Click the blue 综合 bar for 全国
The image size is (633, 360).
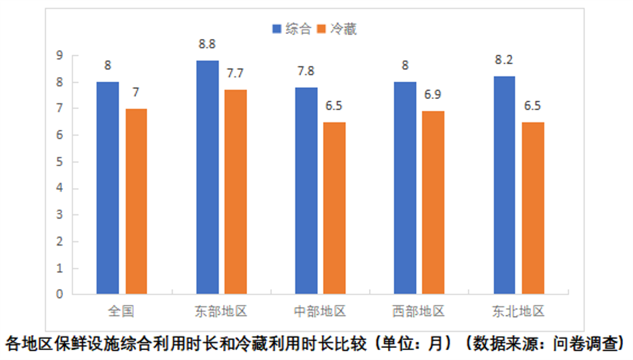[108, 188]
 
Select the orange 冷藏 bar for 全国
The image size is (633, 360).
[136, 201]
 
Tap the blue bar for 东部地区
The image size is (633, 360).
[207, 177]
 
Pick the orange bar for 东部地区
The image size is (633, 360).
[235, 192]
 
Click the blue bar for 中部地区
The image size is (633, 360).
[306, 191]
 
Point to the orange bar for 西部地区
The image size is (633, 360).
[433, 203]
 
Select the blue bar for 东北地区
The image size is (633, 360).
[504, 185]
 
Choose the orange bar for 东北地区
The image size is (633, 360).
[533, 208]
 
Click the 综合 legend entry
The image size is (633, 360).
[292, 29]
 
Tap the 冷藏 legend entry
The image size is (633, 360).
[337, 29]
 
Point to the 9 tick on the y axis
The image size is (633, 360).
[60, 55]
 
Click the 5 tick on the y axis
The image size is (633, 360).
[60, 162]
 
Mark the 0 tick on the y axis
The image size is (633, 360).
[60, 294]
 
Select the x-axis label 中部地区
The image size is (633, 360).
[319, 311]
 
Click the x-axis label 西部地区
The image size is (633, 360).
[419, 311]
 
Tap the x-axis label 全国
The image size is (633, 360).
[121, 311]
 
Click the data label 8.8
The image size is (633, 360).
[207, 44]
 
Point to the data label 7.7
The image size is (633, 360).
[235, 73]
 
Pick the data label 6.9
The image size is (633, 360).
[433, 95]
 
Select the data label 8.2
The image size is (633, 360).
[504, 60]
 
